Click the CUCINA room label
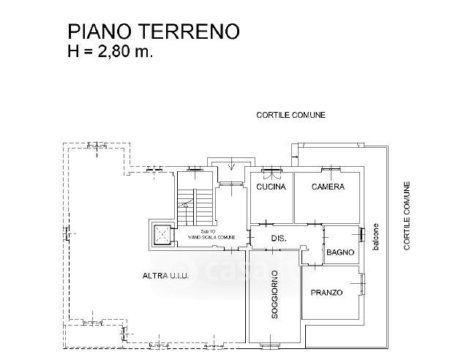[x=270, y=187]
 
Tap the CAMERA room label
[x=327, y=187]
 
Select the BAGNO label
[x=340, y=252]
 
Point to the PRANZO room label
[x=326, y=293]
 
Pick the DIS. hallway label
[x=278, y=239]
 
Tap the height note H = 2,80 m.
[x=110, y=51]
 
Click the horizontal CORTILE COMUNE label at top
[x=291, y=115]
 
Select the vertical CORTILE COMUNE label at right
[x=407, y=217]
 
